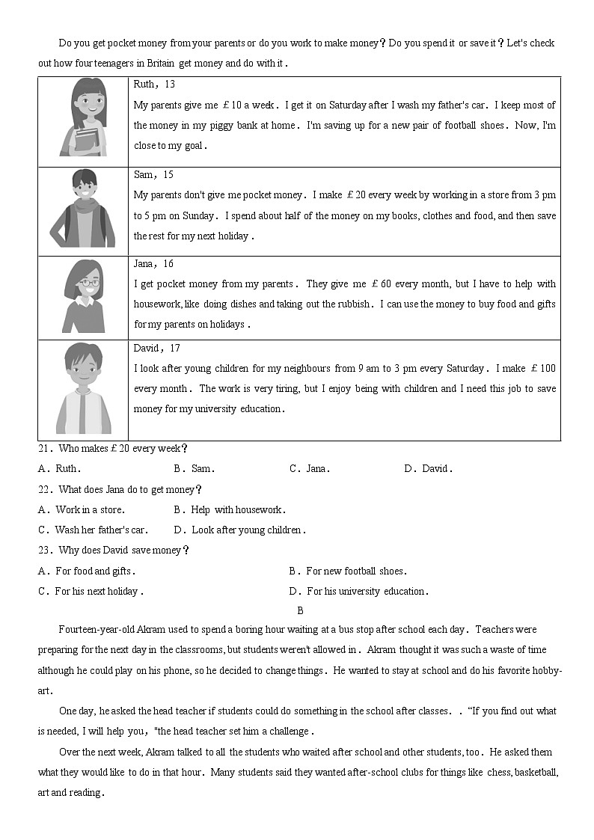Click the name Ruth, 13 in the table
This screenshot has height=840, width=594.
(x=154, y=85)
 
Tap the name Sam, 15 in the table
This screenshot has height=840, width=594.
(x=153, y=174)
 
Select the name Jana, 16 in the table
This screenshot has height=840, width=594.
(x=153, y=264)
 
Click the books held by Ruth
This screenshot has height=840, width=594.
(x=86, y=139)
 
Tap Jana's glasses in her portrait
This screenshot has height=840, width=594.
(x=89, y=283)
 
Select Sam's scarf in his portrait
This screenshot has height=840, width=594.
(x=84, y=203)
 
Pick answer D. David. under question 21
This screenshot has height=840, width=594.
(x=428, y=469)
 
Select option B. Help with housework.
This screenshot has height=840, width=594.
(x=230, y=510)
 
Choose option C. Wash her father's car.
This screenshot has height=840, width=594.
(x=93, y=530)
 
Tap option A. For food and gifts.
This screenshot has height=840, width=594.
(x=86, y=571)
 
